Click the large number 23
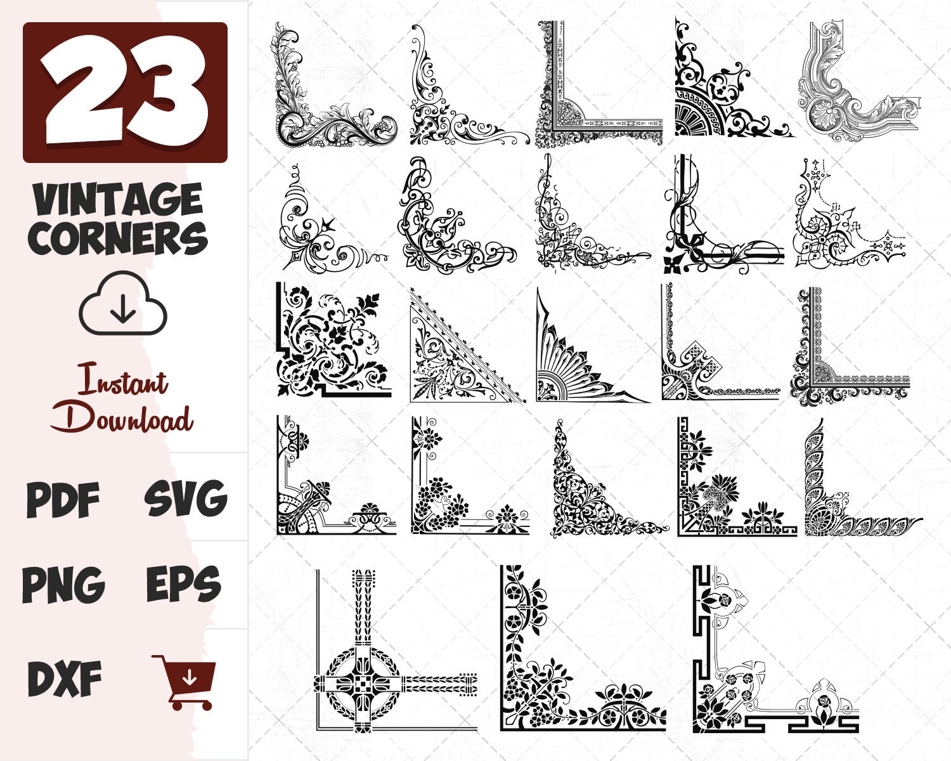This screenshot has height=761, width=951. point(126,92)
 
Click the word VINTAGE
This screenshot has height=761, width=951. point(119,200)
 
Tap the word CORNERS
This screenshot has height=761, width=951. point(120,238)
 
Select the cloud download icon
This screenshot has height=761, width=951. point(123,304)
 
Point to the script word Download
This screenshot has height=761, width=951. point(122,419)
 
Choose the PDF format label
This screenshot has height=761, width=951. point(63,499)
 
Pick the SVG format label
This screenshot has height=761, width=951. point(185,499)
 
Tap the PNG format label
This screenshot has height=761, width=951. point(63,585)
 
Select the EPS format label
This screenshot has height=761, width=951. point(184,585)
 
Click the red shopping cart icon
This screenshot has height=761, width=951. point(185,682)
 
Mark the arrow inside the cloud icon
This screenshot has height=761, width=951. point(123,309)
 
